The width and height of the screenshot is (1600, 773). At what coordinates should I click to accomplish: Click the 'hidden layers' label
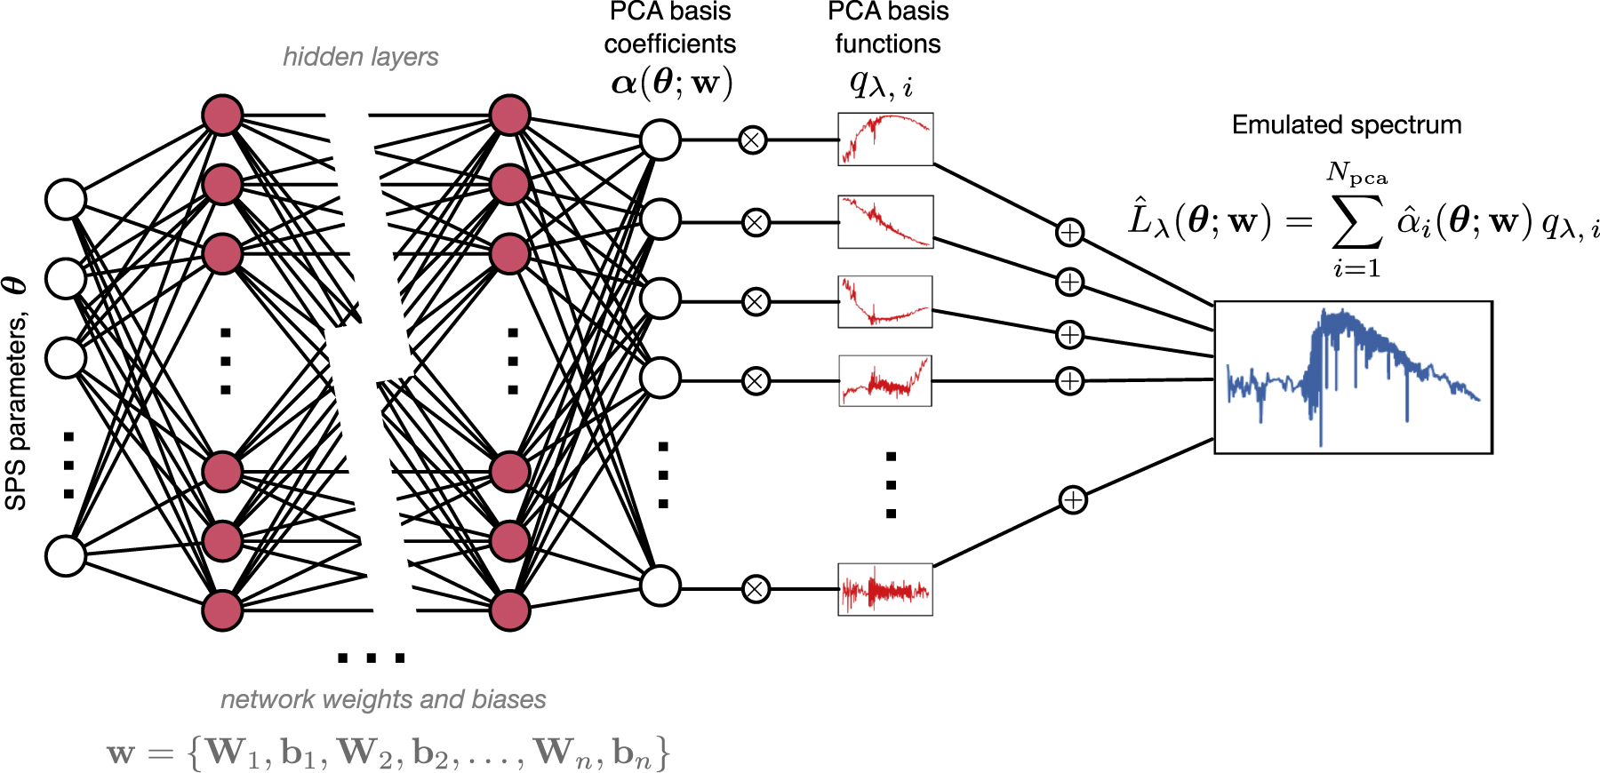click(360, 57)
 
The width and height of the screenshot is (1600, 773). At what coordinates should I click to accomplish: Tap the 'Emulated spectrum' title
click(1346, 125)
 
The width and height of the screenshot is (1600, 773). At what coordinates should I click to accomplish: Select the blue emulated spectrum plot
click(1352, 378)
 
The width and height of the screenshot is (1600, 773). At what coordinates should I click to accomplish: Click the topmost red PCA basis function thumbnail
click(885, 139)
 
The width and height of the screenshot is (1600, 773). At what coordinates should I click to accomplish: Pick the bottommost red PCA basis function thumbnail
click(885, 589)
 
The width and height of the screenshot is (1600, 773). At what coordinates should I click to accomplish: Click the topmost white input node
click(66, 199)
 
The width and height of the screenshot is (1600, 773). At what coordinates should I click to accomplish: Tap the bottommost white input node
click(66, 555)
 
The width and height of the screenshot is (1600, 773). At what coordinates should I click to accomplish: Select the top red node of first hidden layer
click(222, 116)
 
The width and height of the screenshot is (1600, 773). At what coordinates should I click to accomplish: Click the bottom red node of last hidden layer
click(509, 610)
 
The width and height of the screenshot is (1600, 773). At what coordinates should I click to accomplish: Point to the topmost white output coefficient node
click(660, 140)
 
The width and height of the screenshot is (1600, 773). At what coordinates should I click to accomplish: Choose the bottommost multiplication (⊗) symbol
click(756, 589)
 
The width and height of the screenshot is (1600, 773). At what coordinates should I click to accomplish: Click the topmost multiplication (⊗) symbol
click(753, 140)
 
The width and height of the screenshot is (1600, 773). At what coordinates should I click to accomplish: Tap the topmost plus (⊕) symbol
click(1069, 233)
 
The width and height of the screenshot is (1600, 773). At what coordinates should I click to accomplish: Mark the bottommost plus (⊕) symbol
click(1073, 500)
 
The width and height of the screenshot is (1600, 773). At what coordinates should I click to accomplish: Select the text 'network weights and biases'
click(383, 699)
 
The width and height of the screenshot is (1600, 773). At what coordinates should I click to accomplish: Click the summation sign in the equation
click(1357, 221)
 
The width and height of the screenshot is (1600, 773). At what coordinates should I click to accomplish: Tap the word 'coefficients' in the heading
click(670, 44)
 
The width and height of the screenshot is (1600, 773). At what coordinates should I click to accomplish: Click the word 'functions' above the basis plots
click(887, 44)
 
